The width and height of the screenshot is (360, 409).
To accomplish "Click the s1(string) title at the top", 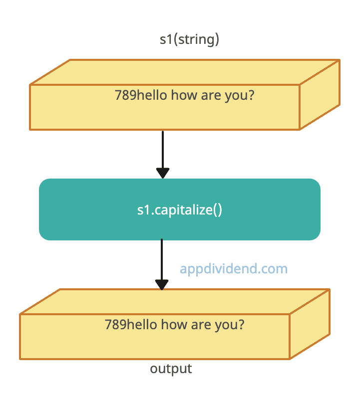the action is coord(189,40).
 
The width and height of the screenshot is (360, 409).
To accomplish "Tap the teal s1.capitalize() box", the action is coord(180,209).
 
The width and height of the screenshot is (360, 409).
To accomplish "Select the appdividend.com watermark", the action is coord(234,269).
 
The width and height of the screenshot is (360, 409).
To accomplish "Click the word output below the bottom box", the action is coord(171,369).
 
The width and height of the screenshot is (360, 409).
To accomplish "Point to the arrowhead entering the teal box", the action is coord(163,173).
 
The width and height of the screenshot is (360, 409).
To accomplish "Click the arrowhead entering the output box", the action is coord(162,285).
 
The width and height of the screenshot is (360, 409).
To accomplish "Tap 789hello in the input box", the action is coord(141,95).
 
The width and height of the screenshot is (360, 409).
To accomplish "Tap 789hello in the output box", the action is coord(131,325).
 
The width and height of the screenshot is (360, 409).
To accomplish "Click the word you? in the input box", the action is coord(239,96).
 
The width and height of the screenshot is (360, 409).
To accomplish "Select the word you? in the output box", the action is coord(230,326).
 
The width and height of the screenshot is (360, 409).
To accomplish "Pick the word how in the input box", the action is coord(184,95).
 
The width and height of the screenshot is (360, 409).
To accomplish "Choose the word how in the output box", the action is coord(174,325).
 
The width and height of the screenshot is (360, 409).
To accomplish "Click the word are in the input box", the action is coord(211,96).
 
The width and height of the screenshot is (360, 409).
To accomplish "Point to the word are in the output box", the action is coord(201,326).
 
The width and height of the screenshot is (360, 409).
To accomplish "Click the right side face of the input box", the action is coord(320,94).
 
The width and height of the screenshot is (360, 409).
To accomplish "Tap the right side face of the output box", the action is coord(310,324).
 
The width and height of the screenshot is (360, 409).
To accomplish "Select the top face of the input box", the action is coord(185,72).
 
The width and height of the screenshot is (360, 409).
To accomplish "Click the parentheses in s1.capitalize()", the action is coord(218,210).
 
